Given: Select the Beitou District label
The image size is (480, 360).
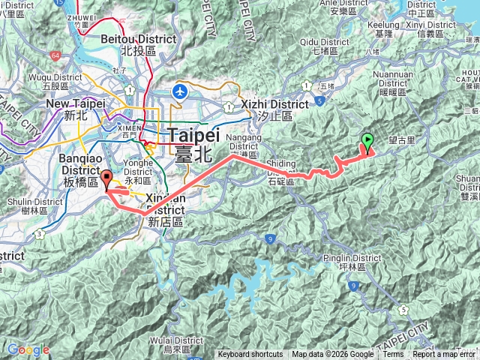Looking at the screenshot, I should click(x=148, y=44).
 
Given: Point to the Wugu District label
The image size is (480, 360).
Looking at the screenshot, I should click(x=52, y=82).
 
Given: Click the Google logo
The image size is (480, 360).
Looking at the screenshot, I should click(x=28, y=349).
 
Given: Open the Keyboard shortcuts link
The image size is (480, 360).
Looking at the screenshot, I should click(x=250, y=355).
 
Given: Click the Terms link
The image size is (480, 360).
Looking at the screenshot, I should click(x=393, y=355).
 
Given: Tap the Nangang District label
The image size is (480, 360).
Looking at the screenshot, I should click(x=247, y=144).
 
